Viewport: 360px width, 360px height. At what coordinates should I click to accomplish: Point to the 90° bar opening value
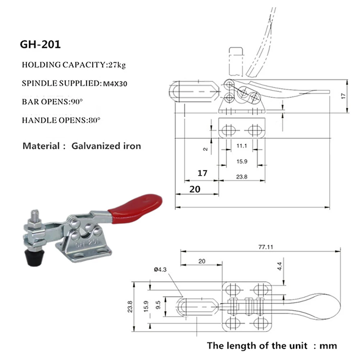point(76,102)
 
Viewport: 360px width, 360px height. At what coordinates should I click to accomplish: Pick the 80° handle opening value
point(93,120)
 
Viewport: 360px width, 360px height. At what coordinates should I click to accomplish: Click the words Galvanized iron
point(106,146)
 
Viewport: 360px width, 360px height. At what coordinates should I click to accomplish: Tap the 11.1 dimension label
point(241,146)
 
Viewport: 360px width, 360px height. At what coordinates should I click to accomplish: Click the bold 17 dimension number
point(203,173)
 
